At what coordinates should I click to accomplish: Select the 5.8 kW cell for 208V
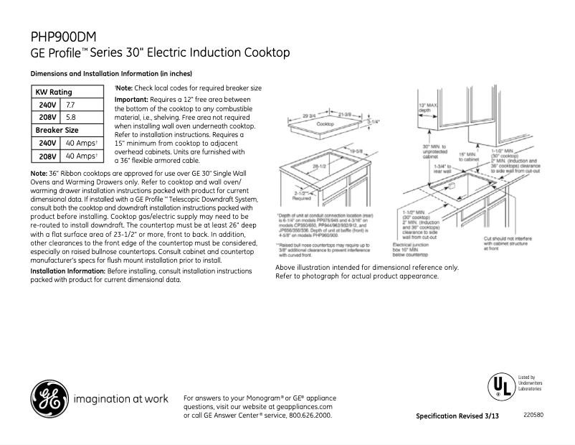tap(71, 117)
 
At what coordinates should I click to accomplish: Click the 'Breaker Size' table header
tap(57, 130)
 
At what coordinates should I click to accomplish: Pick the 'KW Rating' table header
tap(54, 92)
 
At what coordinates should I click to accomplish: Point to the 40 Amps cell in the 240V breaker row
tap(81, 143)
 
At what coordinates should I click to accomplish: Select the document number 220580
tap(533, 415)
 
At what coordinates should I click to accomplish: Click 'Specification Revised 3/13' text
tap(457, 416)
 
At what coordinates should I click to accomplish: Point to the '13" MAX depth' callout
tap(428, 108)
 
